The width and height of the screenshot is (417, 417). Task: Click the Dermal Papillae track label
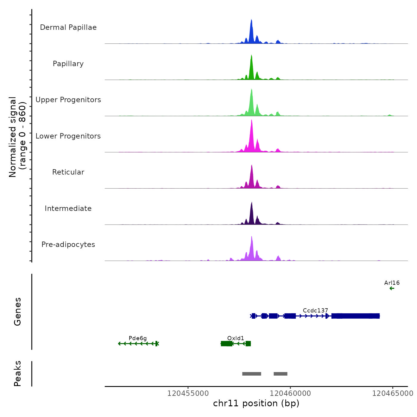click(x=68, y=27)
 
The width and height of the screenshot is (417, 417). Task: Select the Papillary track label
click(x=68, y=64)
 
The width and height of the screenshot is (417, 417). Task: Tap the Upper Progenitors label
click(x=68, y=100)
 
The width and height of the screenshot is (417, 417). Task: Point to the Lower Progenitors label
click(x=68, y=136)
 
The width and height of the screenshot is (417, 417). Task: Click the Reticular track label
click(x=68, y=172)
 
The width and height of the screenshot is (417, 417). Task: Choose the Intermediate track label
click(x=68, y=208)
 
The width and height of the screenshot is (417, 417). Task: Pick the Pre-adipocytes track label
click(x=68, y=245)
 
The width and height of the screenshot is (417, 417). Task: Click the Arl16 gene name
click(x=392, y=283)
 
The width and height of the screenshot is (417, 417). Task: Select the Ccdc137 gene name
click(x=315, y=311)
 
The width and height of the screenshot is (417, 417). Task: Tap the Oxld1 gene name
click(x=236, y=338)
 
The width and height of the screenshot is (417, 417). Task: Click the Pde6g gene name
click(x=138, y=338)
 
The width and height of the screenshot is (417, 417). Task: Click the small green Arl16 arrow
click(x=392, y=288)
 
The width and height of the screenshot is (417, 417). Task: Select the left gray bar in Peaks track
click(x=252, y=374)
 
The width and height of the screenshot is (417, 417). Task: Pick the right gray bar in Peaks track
click(x=281, y=374)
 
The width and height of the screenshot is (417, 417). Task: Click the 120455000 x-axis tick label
click(x=188, y=393)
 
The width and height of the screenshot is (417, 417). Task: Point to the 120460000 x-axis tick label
click(x=290, y=393)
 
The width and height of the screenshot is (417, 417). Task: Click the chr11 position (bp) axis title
click(x=256, y=403)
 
